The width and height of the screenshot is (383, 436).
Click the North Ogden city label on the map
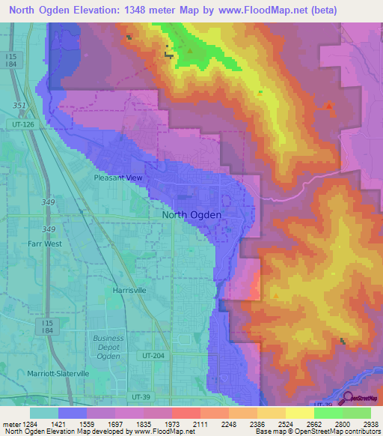(191, 215)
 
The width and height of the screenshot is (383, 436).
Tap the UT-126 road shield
(23, 124)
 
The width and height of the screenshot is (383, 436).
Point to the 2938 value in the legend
(370, 425)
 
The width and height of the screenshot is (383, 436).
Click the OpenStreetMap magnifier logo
(346, 398)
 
